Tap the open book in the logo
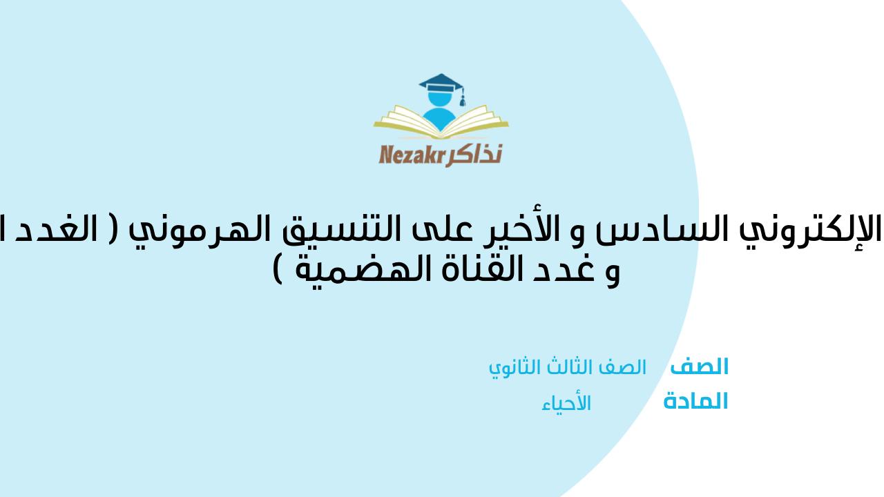click(x=441, y=125)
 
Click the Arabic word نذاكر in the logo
click(x=477, y=154)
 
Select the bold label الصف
click(x=699, y=367)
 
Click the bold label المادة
click(x=695, y=401)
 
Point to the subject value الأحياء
click(x=566, y=403)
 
